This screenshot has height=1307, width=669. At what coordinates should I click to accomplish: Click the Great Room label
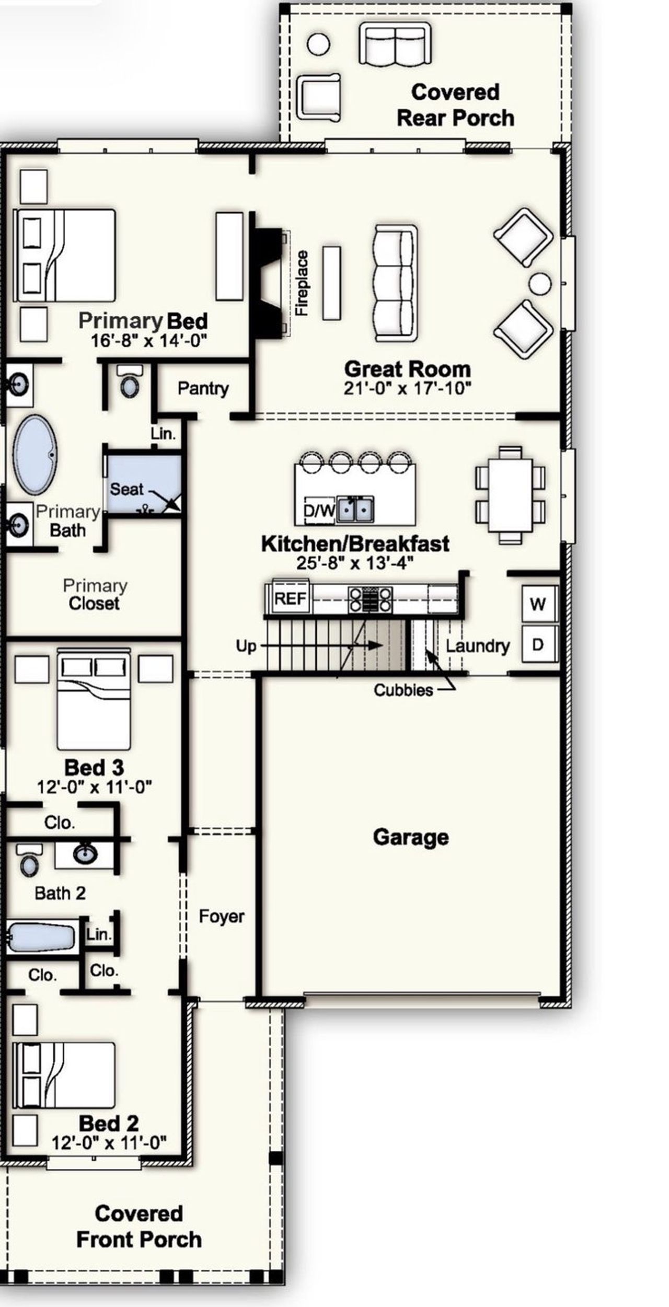pyautogui.click(x=407, y=369)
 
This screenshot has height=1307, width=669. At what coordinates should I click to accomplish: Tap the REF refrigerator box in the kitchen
pyautogui.click(x=290, y=598)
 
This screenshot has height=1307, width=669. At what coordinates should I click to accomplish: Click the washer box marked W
pyautogui.click(x=538, y=604)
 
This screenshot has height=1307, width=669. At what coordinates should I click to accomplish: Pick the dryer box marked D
pyautogui.click(x=538, y=644)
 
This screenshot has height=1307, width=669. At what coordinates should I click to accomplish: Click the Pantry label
pyautogui.click(x=203, y=389)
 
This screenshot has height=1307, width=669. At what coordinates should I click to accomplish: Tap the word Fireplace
pyautogui.click(x=302, y=283)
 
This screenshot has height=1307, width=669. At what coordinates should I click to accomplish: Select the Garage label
pyautogui.click(x=411, y=837)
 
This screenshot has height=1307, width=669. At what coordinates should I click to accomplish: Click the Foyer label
pyautogui.click(x=221, y=916)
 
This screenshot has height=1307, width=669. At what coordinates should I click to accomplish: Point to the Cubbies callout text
pyautogui.click(x=403, y=690)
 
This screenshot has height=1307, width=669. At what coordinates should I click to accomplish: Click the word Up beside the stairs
pyautogui.click(x=246, y=646)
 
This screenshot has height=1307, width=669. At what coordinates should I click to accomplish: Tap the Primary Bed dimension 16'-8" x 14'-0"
pyautogui.click(x=149, y=341)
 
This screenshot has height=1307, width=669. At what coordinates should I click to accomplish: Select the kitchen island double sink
pyautogui.click(x=355, y=509)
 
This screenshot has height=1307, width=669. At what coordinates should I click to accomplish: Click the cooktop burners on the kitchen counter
pyautogui.click(x=371, y=599)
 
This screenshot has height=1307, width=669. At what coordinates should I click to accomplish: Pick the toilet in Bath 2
pyautogui.click(x=29, y=861)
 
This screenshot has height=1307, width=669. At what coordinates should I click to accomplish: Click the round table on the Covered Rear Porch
pyautogui.click(x=318, y=44)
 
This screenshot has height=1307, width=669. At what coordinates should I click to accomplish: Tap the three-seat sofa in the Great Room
pyautogui.click(x=395, y=283)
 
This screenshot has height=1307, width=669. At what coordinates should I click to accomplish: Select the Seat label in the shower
pyautogui.click(x=126, y=489)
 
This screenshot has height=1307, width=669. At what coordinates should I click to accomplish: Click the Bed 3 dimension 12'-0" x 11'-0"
pyautogui.click(x=94, y=787)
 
